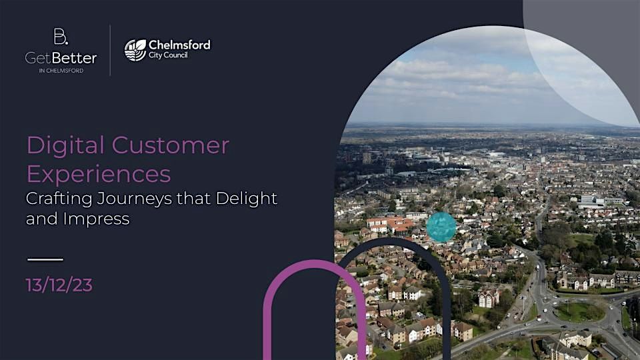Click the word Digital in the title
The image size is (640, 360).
65,145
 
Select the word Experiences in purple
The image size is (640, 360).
99,174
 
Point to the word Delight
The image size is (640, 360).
246,198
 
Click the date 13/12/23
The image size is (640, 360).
59,285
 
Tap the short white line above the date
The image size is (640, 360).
45,259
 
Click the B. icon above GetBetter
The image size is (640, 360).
61,37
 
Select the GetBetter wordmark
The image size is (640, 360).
61,58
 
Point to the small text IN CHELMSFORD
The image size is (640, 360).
61,71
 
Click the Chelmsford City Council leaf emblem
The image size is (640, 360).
135,50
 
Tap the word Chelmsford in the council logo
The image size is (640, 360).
179,45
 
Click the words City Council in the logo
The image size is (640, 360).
168,55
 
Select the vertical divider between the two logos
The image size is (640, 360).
110,50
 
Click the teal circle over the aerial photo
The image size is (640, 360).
441,227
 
